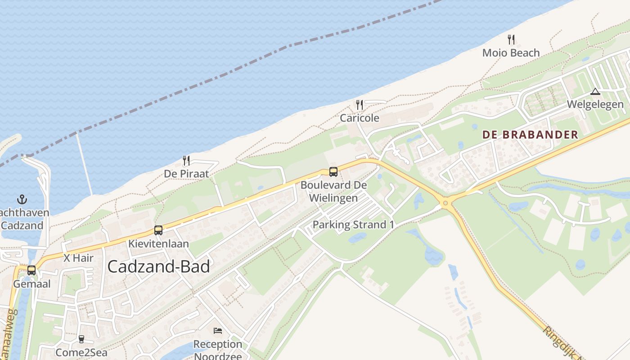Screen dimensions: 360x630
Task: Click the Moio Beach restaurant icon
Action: pyautogui.click(x=511, y=40)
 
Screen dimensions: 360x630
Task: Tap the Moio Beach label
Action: pyautogui.click(x=511, y=53)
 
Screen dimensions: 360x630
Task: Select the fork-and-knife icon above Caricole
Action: pyautogui.click(x=359, y=105)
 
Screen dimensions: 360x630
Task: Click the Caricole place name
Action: pyautogui.click(x=359, y=118)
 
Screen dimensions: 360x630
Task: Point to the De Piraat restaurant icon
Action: pyautogui.click(x=186, y=161)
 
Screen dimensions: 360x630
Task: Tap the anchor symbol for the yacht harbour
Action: pyautogui.click(x=22, y=199)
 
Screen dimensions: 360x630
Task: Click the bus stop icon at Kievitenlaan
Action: pyautogui.click(x=158, y=230)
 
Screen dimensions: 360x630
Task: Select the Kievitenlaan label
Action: pyautogui.click(x=158, y=244)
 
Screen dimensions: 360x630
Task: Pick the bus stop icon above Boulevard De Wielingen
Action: pyautogui.click(x=333, y=171)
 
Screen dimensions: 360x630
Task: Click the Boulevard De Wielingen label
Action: pyautogui.click(x=333, y=191)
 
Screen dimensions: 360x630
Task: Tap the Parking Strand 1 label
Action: pyautogui.click(x=350, y=225)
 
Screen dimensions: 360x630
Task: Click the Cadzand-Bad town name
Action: pyautogui.click(x=159, y=267)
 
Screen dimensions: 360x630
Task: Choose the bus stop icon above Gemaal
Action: pyautogui.click(x=31, y=270)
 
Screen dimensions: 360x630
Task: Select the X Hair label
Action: pyautogui.click(x=78, y=258)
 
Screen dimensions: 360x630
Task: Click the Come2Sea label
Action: pyautogui.click(x=81, y=352)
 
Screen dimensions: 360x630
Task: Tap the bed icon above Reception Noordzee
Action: pyautogui.click(x=218, y=331)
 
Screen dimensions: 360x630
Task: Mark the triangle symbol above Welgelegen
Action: pyautogui.click(x=595, y=92)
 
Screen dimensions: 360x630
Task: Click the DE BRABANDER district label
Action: pyautogui.click(x=530, y=135)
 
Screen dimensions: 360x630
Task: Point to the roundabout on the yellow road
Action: pyautogui.click(x=445, y=203)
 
